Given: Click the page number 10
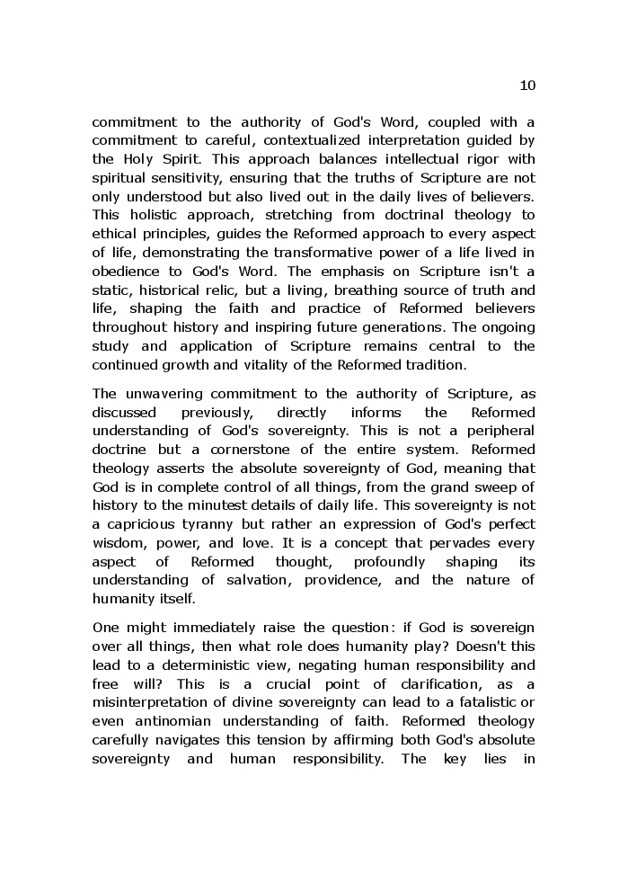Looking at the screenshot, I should (x=527, y=85).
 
